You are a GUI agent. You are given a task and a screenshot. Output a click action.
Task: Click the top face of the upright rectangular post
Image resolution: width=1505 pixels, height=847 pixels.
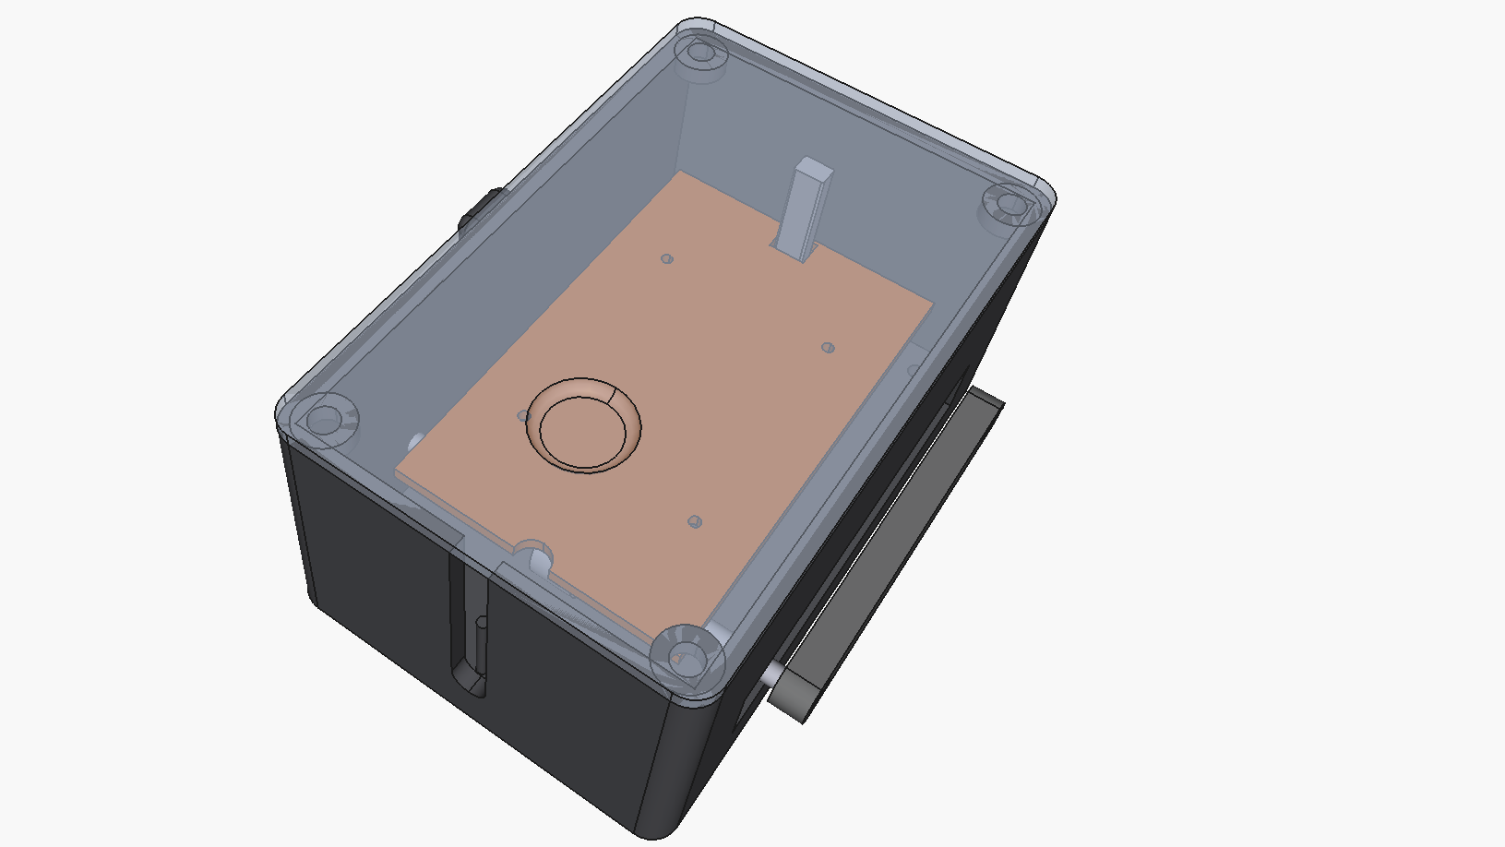813,169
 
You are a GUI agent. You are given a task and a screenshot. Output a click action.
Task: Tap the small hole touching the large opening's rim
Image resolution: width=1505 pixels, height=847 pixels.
523,416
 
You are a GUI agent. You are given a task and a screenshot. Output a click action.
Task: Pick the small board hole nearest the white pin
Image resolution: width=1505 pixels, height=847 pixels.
696,522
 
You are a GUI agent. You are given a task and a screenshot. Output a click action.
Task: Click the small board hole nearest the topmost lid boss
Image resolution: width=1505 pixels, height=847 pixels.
667,259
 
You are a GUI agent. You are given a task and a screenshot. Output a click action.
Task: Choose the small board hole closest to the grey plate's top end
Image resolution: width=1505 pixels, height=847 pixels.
828,348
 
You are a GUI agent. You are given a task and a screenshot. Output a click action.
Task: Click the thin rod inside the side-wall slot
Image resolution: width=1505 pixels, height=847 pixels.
481,646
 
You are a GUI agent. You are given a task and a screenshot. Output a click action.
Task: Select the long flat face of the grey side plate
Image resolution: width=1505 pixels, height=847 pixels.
893,554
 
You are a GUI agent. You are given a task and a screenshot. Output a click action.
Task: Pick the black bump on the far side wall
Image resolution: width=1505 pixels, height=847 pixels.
482,210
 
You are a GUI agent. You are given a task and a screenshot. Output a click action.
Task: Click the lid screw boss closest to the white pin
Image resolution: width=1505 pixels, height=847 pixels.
685,656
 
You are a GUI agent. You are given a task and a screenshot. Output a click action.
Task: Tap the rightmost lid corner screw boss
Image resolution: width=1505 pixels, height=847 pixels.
1011,205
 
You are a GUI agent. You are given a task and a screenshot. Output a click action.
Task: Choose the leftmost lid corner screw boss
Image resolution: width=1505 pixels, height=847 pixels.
325,419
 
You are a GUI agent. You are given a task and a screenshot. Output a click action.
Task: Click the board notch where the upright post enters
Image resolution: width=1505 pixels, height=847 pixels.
794,249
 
